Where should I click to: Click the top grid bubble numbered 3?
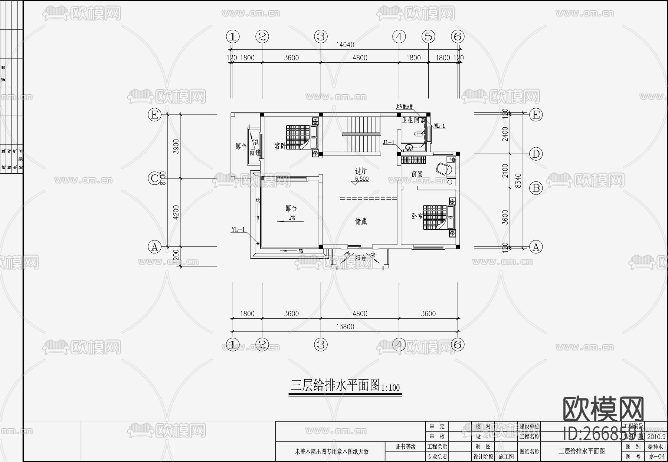coord(321,36)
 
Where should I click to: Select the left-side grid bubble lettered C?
coord(154,178)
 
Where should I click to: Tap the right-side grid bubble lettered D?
coord(536,154)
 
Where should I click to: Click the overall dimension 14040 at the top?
coord(345,45)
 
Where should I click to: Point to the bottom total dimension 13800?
coord(345,327)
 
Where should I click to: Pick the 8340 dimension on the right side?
coord(518,181)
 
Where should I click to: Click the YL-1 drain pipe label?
coord(238,230)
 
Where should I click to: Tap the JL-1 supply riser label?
coord(389,142)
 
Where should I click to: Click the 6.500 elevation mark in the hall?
coord(361,179)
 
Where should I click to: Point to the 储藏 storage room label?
coord(361,222)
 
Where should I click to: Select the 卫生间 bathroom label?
coord(411,120)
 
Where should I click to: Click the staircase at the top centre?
coord(361,134)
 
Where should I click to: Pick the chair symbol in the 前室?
coord(443,169)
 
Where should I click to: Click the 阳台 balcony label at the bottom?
coord(360,257)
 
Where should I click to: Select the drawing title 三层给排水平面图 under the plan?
coord(335,386)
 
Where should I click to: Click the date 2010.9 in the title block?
coord(656,437)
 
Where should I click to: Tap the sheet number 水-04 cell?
coord(656,457)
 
